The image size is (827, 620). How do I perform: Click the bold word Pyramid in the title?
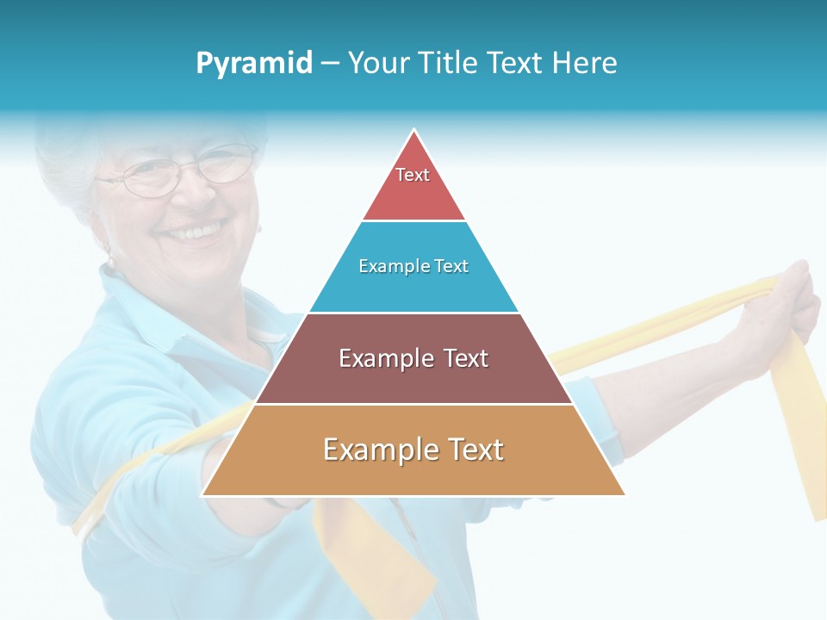254,63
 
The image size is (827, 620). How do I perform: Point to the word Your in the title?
379,63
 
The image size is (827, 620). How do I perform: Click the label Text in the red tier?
413,175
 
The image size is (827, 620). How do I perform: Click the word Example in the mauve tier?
384,358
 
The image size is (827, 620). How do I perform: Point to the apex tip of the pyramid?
414,131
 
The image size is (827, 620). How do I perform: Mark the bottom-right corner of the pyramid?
625,495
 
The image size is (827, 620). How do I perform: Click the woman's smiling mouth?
195,232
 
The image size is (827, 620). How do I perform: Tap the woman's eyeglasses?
177,172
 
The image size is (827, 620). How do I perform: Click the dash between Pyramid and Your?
330,64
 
